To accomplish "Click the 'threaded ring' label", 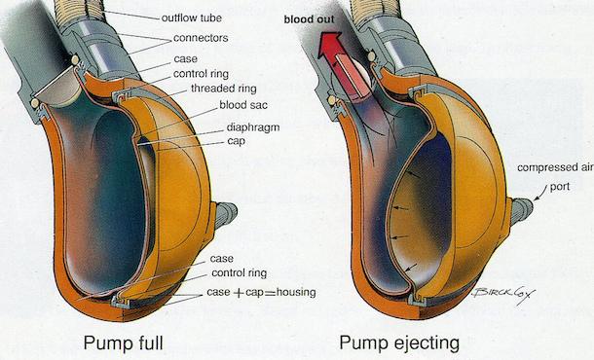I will pyautogui.click(x=210, y=90).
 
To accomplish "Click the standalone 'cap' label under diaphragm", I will pyautogui.click(x=235, y=141).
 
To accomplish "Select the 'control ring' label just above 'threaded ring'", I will pyautogui.click(x=204, y=73).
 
